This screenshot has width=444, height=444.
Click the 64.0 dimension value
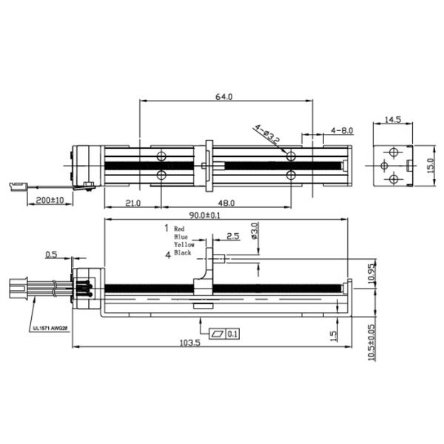pos(223,97)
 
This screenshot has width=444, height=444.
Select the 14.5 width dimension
pos(393,119)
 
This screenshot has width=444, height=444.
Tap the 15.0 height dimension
pos(431,166)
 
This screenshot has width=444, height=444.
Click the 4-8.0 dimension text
pos(342,130)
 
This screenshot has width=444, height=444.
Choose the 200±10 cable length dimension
pos(50,201)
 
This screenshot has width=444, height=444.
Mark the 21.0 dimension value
pos(132,203)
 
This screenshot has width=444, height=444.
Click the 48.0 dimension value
pos(226,203)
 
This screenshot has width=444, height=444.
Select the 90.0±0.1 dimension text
pos(204,215)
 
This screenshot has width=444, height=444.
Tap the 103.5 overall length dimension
pos(189,343)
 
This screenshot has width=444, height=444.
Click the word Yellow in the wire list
pos(184,244)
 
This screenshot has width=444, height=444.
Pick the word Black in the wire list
pos(182,252)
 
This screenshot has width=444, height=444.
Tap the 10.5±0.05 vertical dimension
pos(371,343)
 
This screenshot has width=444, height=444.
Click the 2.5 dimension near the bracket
pos(233,236)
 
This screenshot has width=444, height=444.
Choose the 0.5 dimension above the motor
pos(51,255)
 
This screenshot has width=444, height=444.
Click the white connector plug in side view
pos(18,288)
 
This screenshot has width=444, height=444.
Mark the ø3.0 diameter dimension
pos(255,231)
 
